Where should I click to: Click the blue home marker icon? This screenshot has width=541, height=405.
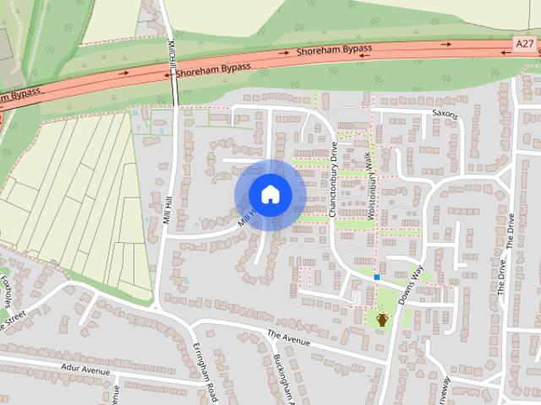pos(270,195)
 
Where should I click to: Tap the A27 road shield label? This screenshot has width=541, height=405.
pos(525,41)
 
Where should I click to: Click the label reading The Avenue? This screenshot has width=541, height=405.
pos(290,338)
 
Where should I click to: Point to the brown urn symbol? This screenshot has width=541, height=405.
pos(382,319)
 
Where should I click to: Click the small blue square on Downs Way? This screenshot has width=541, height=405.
pos(377,277)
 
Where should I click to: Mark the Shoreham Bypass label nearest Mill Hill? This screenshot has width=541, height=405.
pos(213,67)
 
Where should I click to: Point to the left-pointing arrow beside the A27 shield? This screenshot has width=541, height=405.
pos(504,52)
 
